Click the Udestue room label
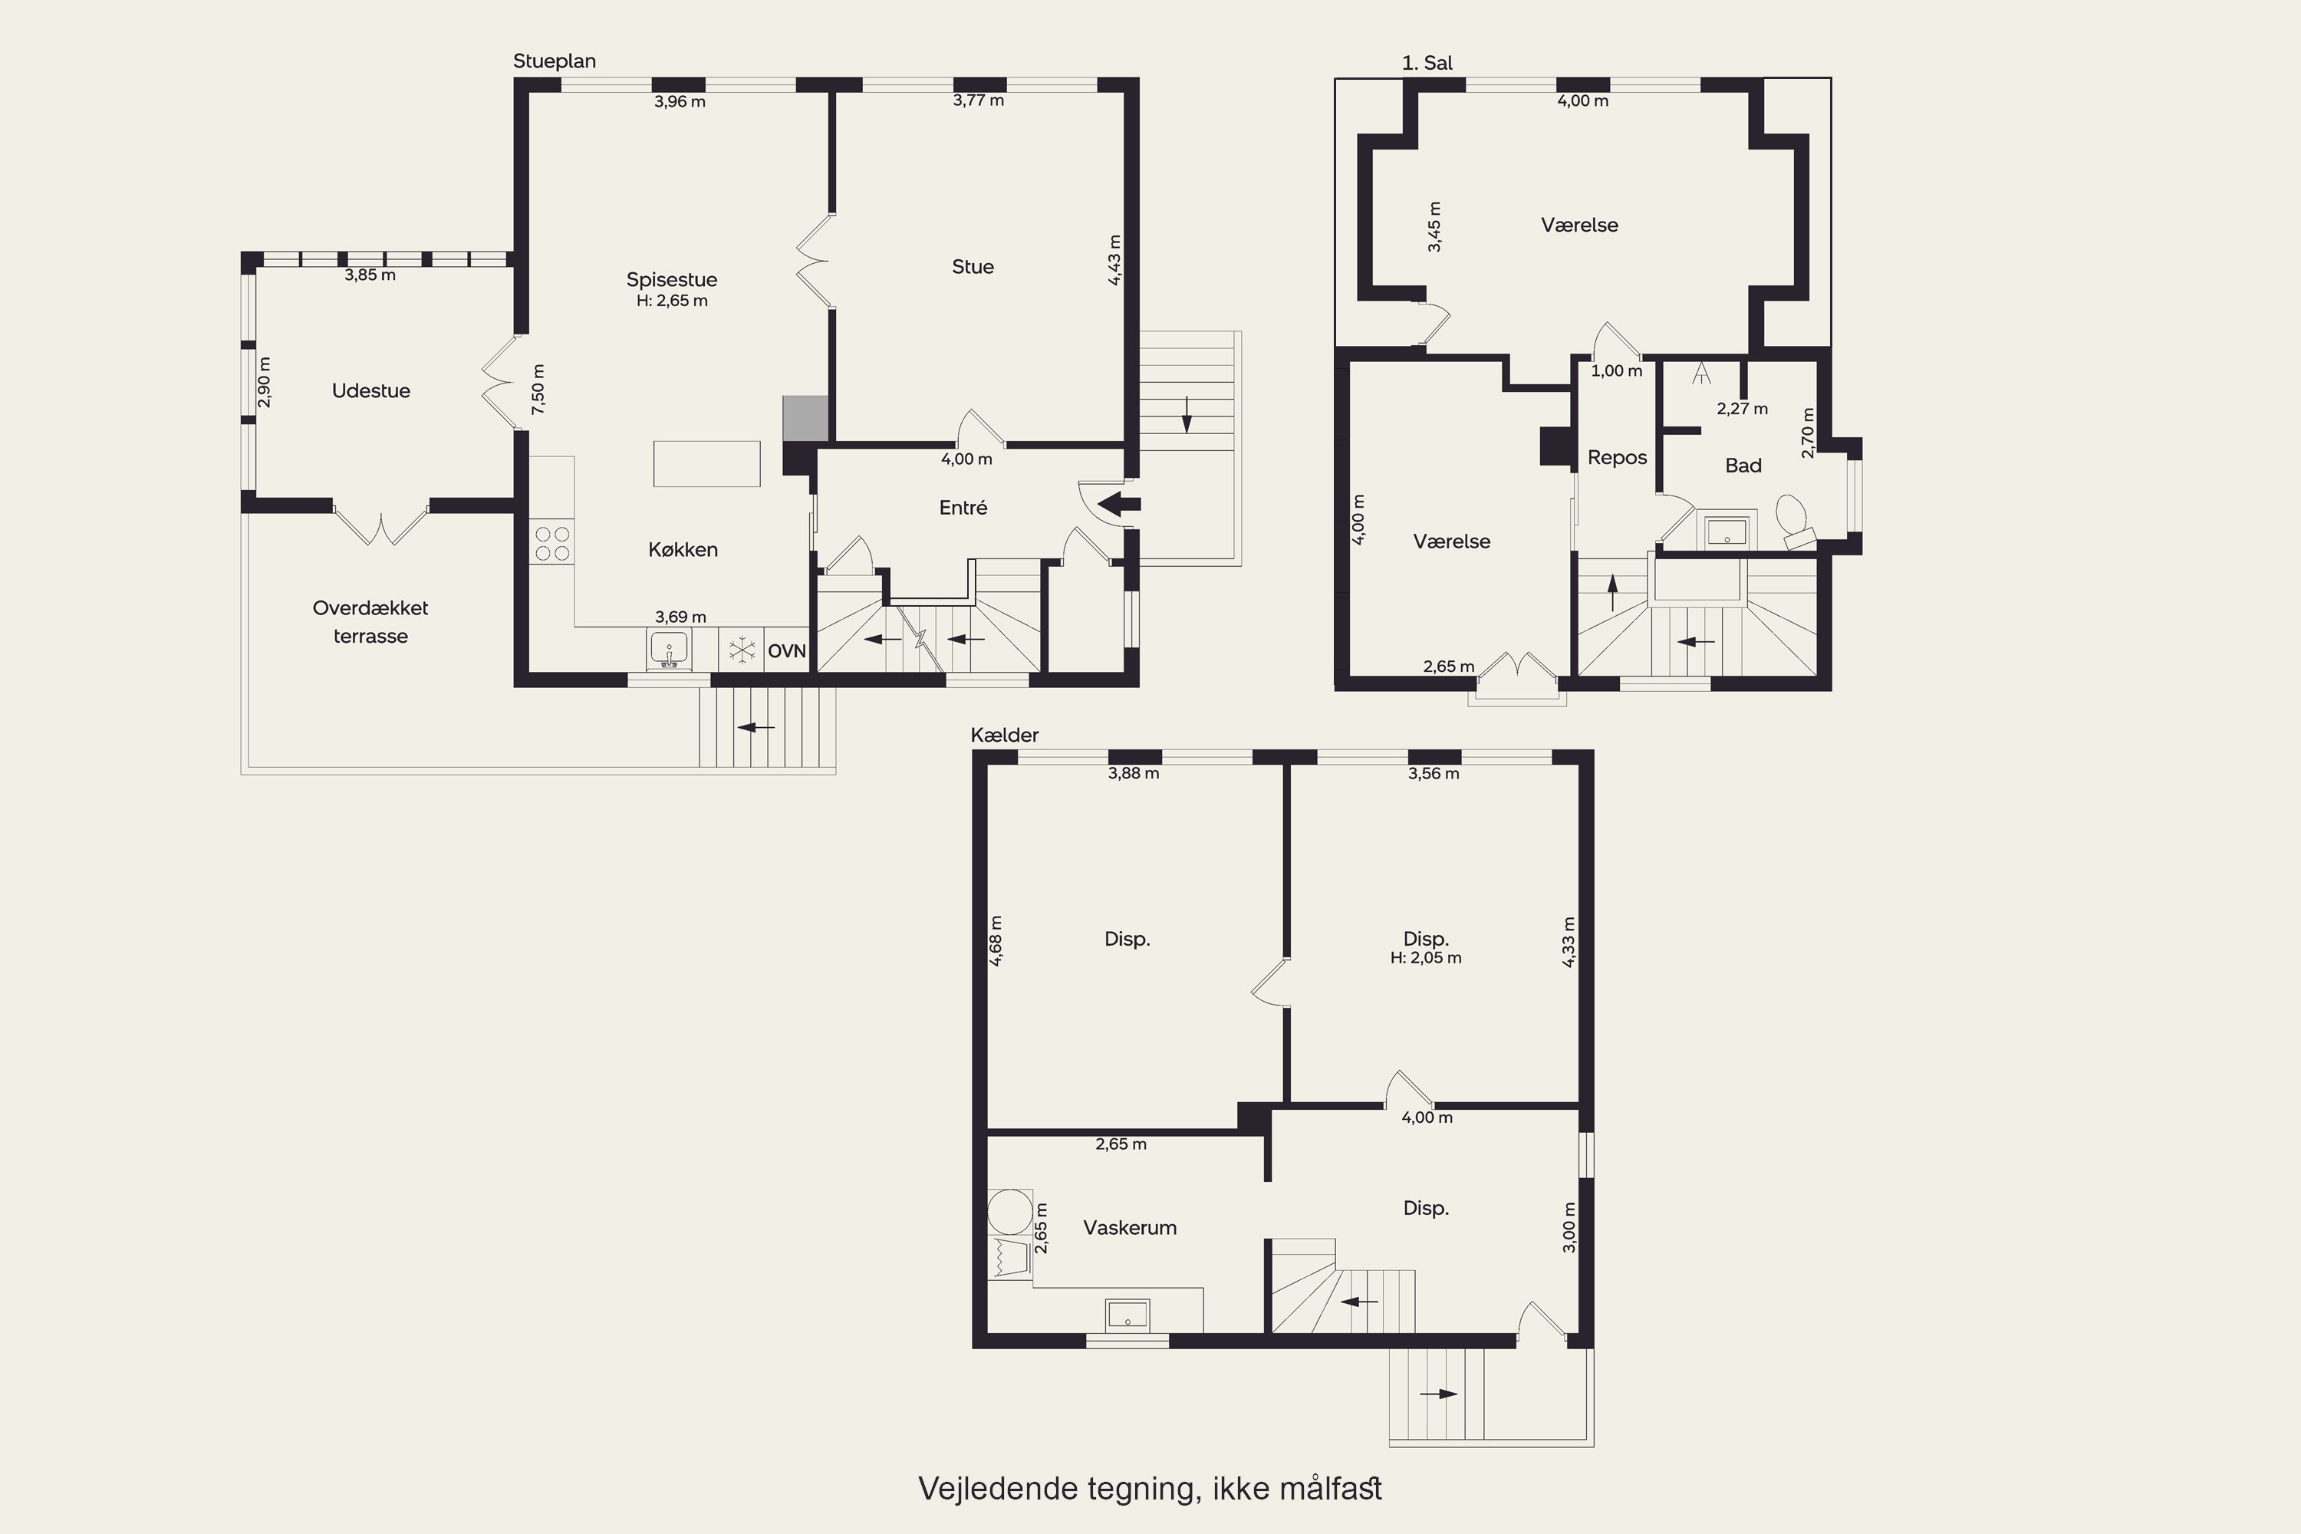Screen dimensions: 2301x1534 (x=370, y=391)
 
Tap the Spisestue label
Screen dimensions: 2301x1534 (x=671, y=280)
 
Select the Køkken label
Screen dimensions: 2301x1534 (x=683, y=550)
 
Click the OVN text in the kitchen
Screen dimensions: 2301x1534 (x=787, y=651)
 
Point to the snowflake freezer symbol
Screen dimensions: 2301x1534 (x=742, y=649)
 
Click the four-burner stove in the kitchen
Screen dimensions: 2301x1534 (x=551, y=544)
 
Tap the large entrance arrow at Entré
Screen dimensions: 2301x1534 (x=1119, y=505)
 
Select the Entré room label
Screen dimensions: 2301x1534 (x=963, y=508)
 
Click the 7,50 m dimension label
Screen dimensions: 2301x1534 (x=538, y=390)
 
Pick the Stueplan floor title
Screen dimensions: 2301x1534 (x=555, y=61)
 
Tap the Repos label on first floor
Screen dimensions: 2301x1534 (x=1617, y=458)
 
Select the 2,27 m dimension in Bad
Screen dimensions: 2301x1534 (x=1743, y=409)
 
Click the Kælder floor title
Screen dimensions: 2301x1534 (x=1005, y=735)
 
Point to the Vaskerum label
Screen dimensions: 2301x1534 (x=1130, y=1228)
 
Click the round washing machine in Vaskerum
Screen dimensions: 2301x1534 (x=1009, y=1212)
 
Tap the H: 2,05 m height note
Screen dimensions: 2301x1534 (x=1425, y=958)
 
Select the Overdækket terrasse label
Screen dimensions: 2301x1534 (x=370, y=622)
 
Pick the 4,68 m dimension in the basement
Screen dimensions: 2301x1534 (x=996, y=941)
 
